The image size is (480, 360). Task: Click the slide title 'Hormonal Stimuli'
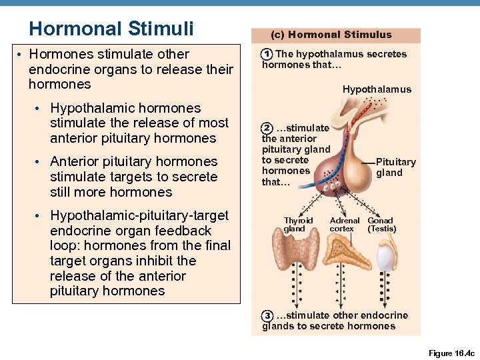[x=111, y=29]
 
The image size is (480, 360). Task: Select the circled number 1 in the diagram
[x=267, y=54]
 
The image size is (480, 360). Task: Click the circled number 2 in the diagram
[x=267, y=127]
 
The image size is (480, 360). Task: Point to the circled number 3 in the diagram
[x=267, y=315]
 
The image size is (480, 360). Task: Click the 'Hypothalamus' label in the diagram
[x=377, y=89]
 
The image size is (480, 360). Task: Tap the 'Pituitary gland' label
[x=395, y=167]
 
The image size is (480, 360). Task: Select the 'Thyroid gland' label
[x=298, y=225]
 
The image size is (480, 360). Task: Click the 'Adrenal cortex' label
[x=344, y=225]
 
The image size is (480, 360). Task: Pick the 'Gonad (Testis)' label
[x=381, y=225]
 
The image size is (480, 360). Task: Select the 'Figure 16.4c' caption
[x=450, y=353]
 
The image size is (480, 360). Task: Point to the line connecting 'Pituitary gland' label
[x=368, y=163]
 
